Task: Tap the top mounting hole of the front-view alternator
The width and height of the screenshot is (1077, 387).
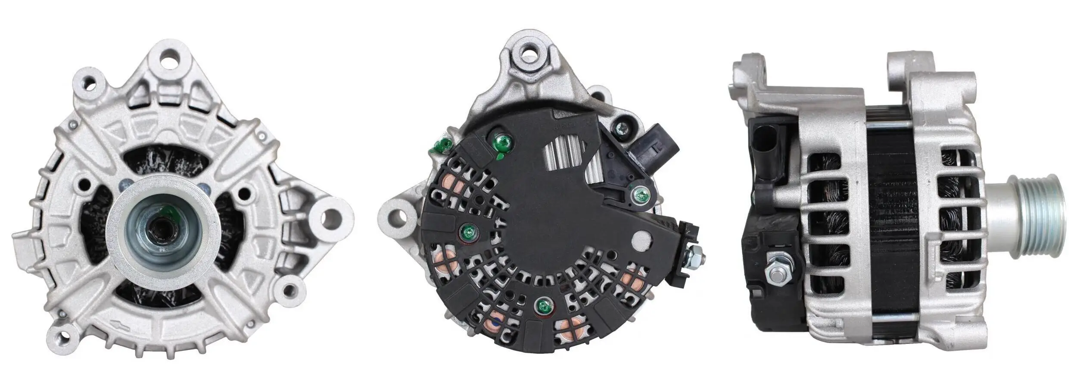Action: (x=171, y=59)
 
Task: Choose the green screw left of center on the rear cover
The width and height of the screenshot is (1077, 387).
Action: (x=468, y=233)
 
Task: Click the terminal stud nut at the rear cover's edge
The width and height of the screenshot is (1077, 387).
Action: (x=693, y=257)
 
